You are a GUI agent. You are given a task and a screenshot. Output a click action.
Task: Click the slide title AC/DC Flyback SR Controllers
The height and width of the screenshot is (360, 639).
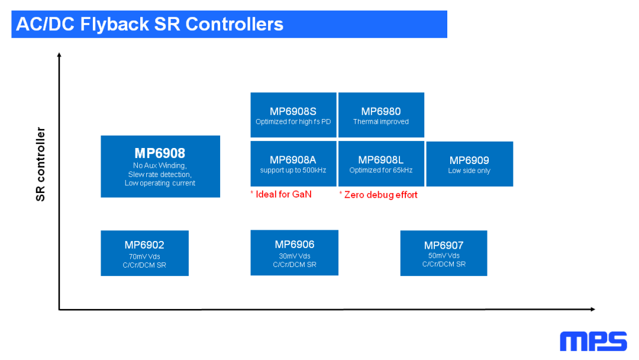pos(150,24)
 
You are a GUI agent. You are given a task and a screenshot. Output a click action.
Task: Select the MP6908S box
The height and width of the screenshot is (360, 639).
pos(293,115)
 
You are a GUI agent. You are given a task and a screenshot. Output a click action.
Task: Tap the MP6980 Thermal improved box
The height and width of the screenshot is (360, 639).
pos(381,115)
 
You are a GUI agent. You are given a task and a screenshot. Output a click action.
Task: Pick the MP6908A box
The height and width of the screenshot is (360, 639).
pos(293,163)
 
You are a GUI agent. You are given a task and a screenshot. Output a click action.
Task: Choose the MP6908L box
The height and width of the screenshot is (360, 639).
pos(381,163)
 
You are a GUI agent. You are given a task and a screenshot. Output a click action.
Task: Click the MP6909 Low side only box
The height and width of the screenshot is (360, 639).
pos(469,164)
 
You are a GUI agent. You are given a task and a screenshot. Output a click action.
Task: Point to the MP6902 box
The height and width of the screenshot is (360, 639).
pos(144,253)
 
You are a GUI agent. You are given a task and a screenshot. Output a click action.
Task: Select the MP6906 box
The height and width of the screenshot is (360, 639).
pos(294,253)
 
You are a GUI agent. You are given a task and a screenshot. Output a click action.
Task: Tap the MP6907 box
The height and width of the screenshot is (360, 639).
pos(444,253)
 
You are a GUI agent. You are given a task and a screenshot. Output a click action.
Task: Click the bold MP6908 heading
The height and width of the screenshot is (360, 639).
pos(160,153)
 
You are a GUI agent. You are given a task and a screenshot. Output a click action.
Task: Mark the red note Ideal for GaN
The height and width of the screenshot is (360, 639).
pos(281,194)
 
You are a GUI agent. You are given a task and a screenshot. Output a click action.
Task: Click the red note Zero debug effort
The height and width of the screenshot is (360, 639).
pos(379,195)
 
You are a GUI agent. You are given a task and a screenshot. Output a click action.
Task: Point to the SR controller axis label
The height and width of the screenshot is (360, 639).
pos(41,164)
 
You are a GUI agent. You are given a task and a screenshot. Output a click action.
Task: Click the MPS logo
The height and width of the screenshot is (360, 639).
pos(593,342)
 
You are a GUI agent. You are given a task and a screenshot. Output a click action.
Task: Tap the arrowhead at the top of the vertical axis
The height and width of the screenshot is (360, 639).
pos(59,55)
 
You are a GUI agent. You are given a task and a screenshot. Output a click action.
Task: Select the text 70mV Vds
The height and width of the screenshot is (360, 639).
pos(144,256)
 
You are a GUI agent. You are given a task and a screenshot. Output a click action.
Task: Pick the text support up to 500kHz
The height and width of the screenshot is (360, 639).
pos(293,171)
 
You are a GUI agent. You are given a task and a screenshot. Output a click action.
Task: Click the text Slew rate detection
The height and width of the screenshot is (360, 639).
pos(160,174)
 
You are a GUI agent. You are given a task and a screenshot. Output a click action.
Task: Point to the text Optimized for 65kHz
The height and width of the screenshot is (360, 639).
pos(381,171)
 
